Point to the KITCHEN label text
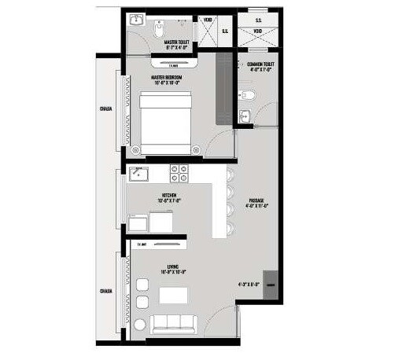[168, 195]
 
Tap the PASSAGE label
[256, 201]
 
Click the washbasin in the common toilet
[245, 119]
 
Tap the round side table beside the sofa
[139, 325]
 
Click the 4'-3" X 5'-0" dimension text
[248, 284]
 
